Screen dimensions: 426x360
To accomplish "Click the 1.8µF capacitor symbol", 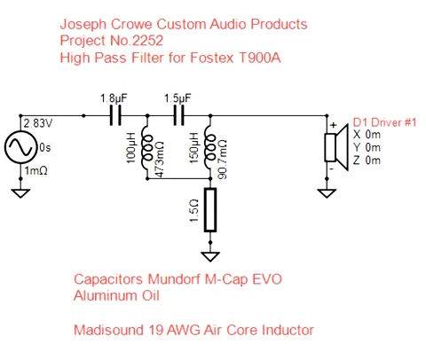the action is (115, 116).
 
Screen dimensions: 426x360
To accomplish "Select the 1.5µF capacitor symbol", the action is (178, 116).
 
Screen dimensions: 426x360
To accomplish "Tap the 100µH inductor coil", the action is (146, 148).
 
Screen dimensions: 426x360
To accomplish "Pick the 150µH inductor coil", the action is (209, 148).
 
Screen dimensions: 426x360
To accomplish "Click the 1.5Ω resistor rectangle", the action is (210, 209).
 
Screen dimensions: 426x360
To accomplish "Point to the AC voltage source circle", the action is (20, 147).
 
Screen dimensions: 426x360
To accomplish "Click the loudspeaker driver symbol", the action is (336, 147).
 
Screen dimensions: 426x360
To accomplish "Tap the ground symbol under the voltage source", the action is (20, 193).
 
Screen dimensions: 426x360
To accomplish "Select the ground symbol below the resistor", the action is (210, 256).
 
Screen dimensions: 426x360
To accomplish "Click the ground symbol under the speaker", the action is (327, 193).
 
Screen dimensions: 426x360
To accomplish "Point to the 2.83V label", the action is (38, 123).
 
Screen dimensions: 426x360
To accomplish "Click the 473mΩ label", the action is (160, 159).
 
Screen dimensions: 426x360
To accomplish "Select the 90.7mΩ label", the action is (223, 159).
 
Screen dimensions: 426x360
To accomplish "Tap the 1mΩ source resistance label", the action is (35, 171).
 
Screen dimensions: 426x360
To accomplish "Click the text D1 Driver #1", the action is (385, 122).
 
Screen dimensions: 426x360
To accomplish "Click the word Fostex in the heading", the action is (212, 58).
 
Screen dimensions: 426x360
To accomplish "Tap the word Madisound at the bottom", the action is (108, 330).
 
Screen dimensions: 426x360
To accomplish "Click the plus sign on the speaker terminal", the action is (334, 125).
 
